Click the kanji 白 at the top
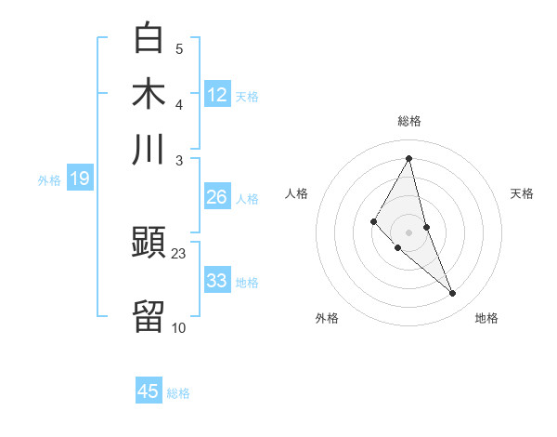click(149, 38)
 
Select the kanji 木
click(149, 94)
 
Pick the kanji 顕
click(149, 244)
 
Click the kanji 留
click(149, 316)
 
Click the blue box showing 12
click(217, 95)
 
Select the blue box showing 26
click(217, 197)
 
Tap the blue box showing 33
click(217, 281)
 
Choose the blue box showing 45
click(149, 391)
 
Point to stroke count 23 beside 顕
click(179, 254)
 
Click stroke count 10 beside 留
click(179, 327)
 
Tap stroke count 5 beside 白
click(179, 48)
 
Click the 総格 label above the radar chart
click(409, 121)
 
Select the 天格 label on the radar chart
click(522, 193)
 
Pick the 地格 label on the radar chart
click(486, 318)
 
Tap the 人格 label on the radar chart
click(297, 193)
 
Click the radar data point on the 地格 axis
click(453, 294)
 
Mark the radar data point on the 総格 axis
click(409, 157)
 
